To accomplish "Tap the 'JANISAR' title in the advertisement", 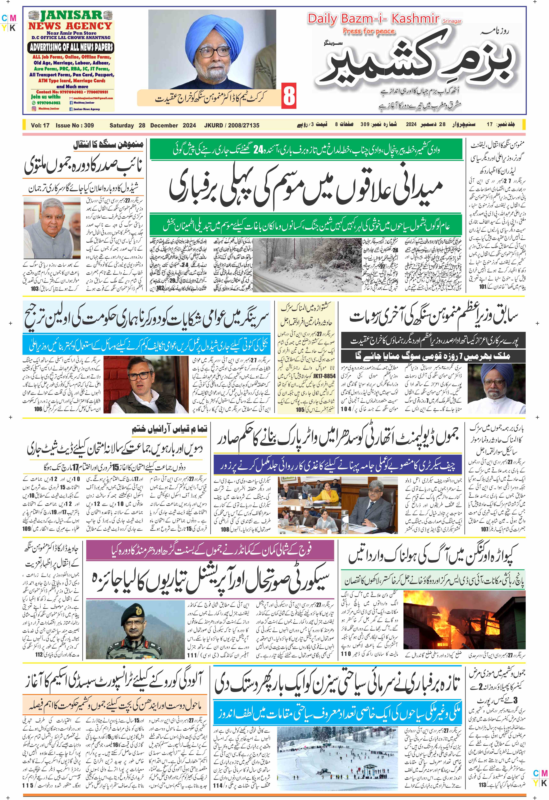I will [71, 16].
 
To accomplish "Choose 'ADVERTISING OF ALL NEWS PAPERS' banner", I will [71, 48].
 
